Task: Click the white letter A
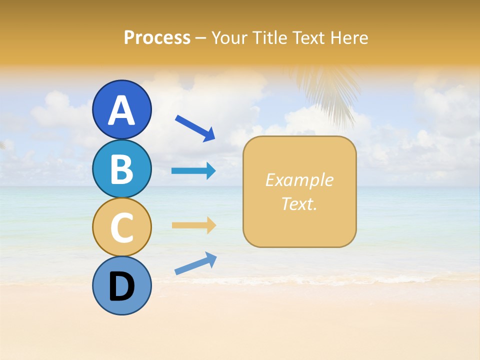(122, 111)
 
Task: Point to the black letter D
(122, 286)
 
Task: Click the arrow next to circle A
(195, 128)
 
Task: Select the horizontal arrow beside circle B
(193, 171)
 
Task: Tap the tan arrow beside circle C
(193, 225)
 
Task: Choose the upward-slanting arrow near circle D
(195, 263)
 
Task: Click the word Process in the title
(157, 37)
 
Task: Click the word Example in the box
(299, 180)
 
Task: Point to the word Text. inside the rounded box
(299, 203)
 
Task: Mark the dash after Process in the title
(200, 38)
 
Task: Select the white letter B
(122, 169)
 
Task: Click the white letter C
(122, 228)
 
